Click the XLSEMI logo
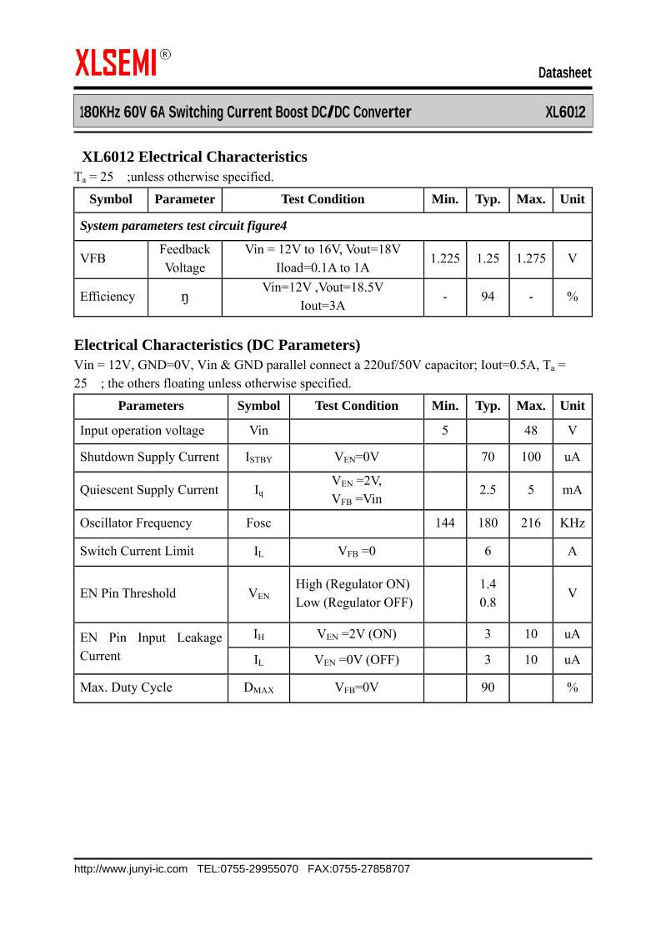(x=117, y=62)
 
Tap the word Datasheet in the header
(x=564, y=73)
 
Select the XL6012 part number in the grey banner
(x=565, y=112)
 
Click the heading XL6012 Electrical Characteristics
(x=194, y=157)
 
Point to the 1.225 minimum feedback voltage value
(x=445, y=258)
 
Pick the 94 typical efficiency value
(x=488, y=297)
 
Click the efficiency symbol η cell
(x=185, y=297)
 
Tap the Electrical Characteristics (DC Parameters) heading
(x=217, y=345)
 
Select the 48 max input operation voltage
(x=531, y=431)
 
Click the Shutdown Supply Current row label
(x=149, y=457)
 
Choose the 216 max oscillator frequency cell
(x=531, y=523)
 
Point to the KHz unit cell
(x=572, y=523)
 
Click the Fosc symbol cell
(x=258, y=523)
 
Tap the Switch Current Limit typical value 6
(x=488, y=551)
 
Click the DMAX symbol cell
(x=258, y=688)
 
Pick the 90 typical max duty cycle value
(x=488, y=687)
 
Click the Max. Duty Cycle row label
(x=126, y=687)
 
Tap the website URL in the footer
(x=131, y=868)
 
